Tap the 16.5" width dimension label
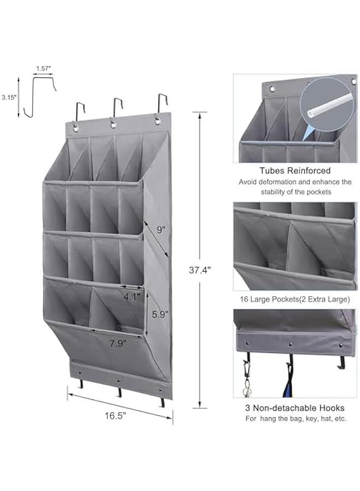(x=115, y=415)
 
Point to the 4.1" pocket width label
(x=131, y=297)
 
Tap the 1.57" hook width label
(x=44, y=68)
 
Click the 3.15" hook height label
(x=9, y=97)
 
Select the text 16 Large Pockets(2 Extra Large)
(x=295, y=300)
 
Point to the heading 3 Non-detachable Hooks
(x=295, y=408)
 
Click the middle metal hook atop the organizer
(x=116, y=109)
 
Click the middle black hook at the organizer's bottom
(x=118, y=390)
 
